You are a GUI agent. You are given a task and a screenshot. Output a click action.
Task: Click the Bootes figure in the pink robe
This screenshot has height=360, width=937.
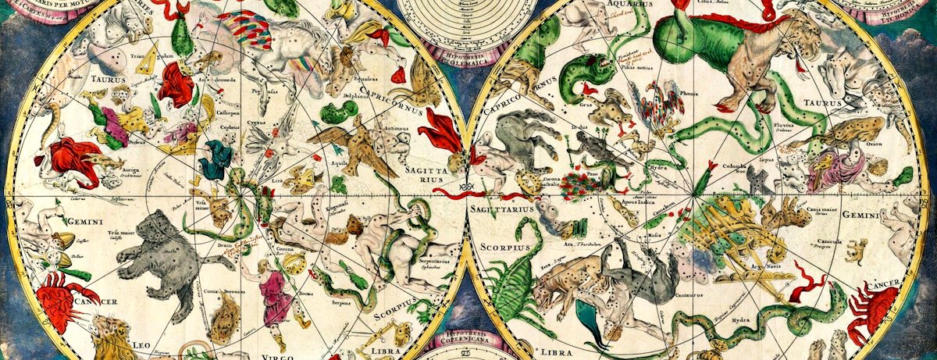pyautogui.click(x=274, y=293)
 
